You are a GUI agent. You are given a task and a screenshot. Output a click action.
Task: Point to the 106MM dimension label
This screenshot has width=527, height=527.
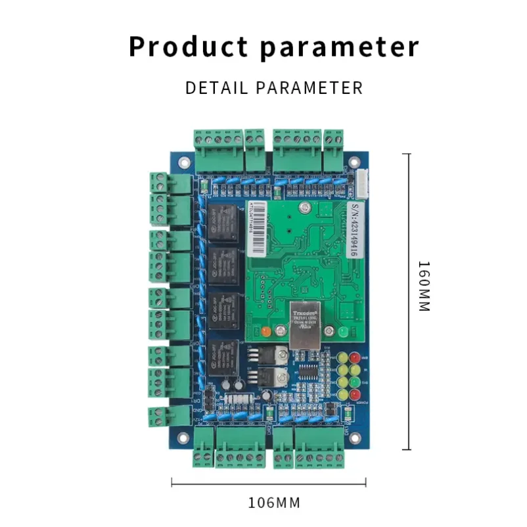(x=273, y=503)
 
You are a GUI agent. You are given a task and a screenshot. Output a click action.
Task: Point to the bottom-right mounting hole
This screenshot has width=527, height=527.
(x=354, y=434)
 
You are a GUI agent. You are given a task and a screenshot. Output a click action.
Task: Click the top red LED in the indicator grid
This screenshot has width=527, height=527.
(x=355, y=358)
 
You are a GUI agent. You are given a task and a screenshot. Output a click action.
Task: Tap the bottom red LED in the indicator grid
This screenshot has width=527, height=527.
(x=355, y=394)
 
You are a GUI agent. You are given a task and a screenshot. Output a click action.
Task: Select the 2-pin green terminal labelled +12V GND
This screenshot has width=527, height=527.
(x=159, y=417)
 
